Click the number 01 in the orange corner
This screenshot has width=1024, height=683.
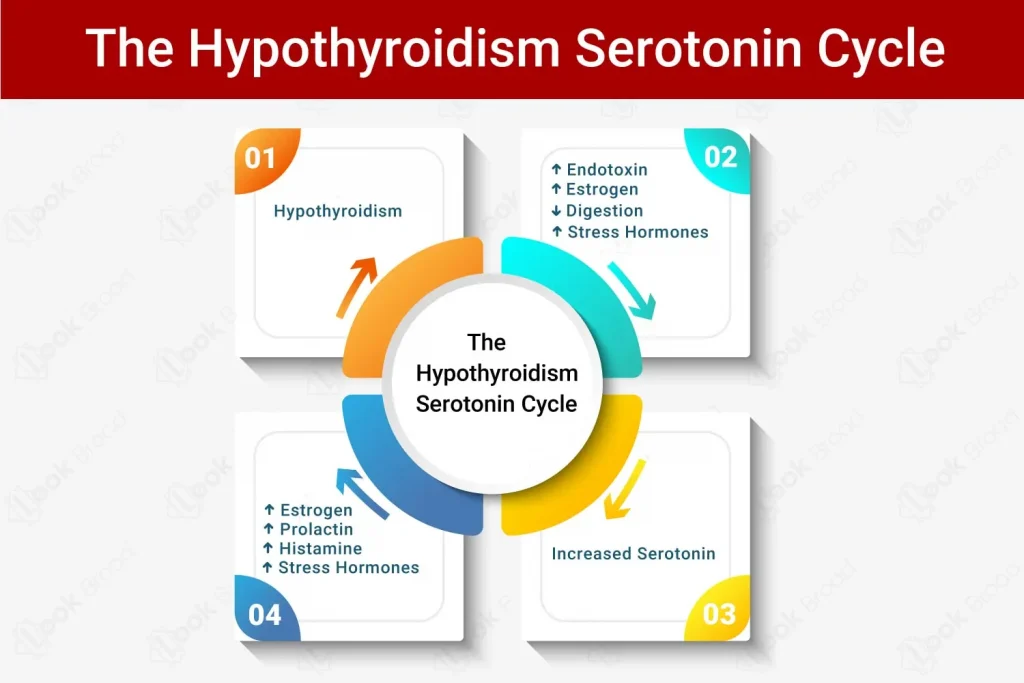tap(260, 158)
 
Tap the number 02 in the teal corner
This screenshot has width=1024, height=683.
tap(720, 157)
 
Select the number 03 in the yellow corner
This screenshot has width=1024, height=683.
tap(719, 614)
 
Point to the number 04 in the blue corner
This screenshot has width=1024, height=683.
tap(264, 615)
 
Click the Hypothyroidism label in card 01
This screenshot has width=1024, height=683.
tap(338, 211)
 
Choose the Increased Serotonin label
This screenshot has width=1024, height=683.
tap(633, 554)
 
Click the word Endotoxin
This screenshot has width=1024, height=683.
tap(607, 170)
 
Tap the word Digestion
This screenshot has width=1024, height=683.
tap(605, 211)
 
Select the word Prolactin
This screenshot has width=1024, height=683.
tap(317, 529)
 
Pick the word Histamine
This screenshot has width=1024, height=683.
tap(321, 548)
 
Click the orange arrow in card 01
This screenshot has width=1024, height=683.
tap(357, 287)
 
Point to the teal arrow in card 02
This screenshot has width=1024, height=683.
tap(632, 291)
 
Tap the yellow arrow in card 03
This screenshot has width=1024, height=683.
tap(624, 490)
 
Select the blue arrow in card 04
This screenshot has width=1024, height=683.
tap(362, 493)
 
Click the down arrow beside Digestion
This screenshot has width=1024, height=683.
tap(556, 211)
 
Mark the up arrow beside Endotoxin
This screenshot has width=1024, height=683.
tap(556, 170)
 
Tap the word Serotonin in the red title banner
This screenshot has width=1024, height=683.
tap(688, 48)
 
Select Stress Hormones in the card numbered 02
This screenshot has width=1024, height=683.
tap(638, 232)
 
